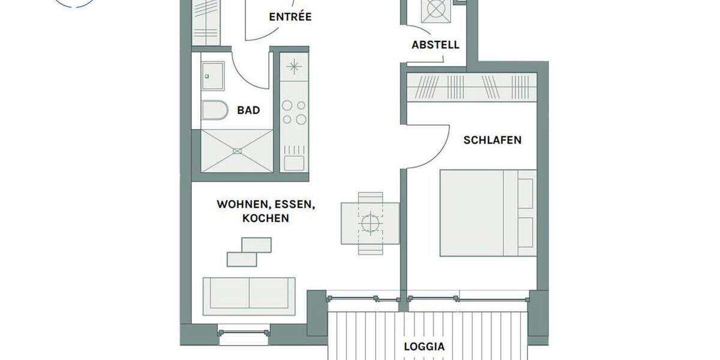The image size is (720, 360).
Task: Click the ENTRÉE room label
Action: coord(290,17)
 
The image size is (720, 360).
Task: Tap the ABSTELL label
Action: coord(436,45)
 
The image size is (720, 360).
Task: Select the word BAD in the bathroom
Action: coord(248,110)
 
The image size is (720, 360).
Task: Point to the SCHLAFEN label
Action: coord(492,140)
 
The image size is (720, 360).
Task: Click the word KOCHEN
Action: coord(265,218)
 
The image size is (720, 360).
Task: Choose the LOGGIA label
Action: coord(424,346)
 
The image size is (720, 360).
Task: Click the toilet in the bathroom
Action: coord(214,110)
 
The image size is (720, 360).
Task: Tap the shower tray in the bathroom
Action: coord(236,151)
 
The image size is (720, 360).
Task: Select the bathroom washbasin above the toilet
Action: coord(212,75)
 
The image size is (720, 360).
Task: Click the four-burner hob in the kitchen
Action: coord(294,112)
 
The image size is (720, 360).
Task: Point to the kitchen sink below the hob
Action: coord(294,163)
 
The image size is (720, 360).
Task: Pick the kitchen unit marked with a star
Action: coord(294,67)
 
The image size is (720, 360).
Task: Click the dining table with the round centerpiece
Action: coord(370,223)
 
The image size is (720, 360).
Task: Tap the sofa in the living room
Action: coord(249,296)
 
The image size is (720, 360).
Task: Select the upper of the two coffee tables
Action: coord(256,244)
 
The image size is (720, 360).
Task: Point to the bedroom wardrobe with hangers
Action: coord(471,88)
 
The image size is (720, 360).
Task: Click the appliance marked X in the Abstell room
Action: coord(436,11)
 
